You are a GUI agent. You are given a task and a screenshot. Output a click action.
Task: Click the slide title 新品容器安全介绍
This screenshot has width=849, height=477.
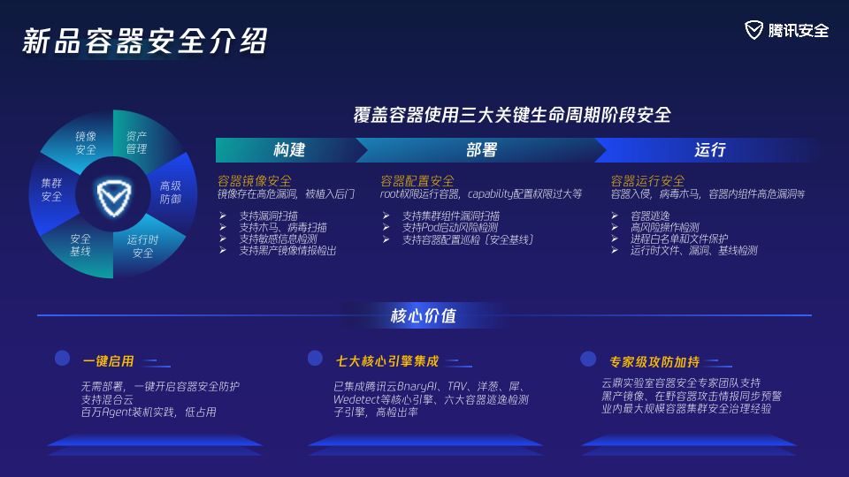[x=144, y=41]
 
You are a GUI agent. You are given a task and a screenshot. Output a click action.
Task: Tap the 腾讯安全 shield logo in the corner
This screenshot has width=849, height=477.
[x=753, y=30]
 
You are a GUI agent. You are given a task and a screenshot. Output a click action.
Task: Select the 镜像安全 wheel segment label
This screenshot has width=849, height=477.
[x=86, y=143]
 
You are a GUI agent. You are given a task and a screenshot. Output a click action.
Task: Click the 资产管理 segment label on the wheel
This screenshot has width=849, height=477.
[x=136, y=142]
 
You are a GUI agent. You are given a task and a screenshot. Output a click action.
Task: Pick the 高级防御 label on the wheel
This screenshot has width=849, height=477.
[x=170, y=193]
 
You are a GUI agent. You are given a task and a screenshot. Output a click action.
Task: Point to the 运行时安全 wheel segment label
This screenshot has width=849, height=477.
[x=142, y=246]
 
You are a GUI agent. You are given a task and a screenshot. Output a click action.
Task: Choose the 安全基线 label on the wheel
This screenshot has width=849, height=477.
[x=80, y=245]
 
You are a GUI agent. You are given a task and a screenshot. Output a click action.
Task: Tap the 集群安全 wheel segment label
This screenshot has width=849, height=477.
[x=51, y=190]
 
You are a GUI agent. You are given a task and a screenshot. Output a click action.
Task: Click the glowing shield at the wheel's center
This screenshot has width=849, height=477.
[x=114, y=197]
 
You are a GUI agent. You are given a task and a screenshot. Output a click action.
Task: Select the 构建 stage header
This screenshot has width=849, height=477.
[x=289, y=150]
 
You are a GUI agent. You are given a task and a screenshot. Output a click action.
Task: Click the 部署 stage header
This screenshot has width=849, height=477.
[x=481, y=150]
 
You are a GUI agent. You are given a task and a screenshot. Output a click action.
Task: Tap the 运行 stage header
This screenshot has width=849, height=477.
[x=710, y=150]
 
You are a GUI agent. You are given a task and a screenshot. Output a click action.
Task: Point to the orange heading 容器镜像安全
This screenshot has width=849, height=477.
[x=255, y=180]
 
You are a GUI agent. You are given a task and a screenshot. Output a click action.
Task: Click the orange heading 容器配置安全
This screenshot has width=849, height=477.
[x=417, y=180]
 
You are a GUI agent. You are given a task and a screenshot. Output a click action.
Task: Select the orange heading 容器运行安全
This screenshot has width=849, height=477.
[x=647, y=180]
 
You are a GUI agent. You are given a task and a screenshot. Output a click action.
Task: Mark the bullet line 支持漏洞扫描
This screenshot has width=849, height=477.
[x=269, y=216]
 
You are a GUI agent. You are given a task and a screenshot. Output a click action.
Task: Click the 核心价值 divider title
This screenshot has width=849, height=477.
[x=424, y=315]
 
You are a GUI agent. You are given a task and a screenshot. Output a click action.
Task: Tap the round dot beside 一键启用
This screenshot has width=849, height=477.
[x=62, y=358]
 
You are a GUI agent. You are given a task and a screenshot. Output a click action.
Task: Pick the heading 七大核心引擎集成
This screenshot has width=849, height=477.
[x=387, y=361]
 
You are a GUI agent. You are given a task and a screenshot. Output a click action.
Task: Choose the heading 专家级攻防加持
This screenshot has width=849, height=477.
[x=654, y=362]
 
